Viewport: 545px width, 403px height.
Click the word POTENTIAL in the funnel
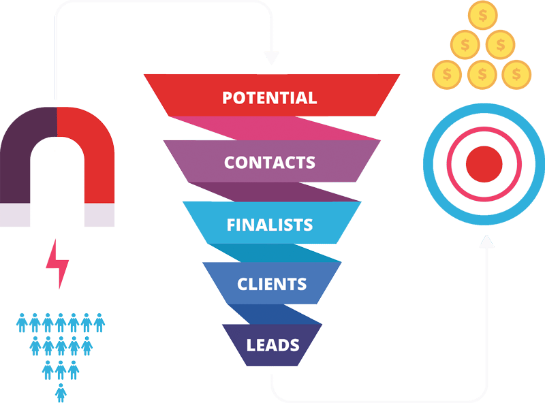click(x=270, y=97)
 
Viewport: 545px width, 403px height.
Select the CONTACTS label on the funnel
click(x=270, y=162)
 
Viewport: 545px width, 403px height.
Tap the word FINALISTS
click(x=270, y=224)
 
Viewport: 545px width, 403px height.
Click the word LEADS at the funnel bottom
click(x=273, y=344)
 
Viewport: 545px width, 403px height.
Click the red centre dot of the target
click(x=484, y=164)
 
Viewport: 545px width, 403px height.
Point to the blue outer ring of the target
click(x=431, y=164)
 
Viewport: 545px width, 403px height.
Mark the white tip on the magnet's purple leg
click(x=15, y=215)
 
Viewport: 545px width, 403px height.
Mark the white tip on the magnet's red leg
click(x=99, y=215)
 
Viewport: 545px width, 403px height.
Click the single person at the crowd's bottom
click(x=61, y=392)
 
